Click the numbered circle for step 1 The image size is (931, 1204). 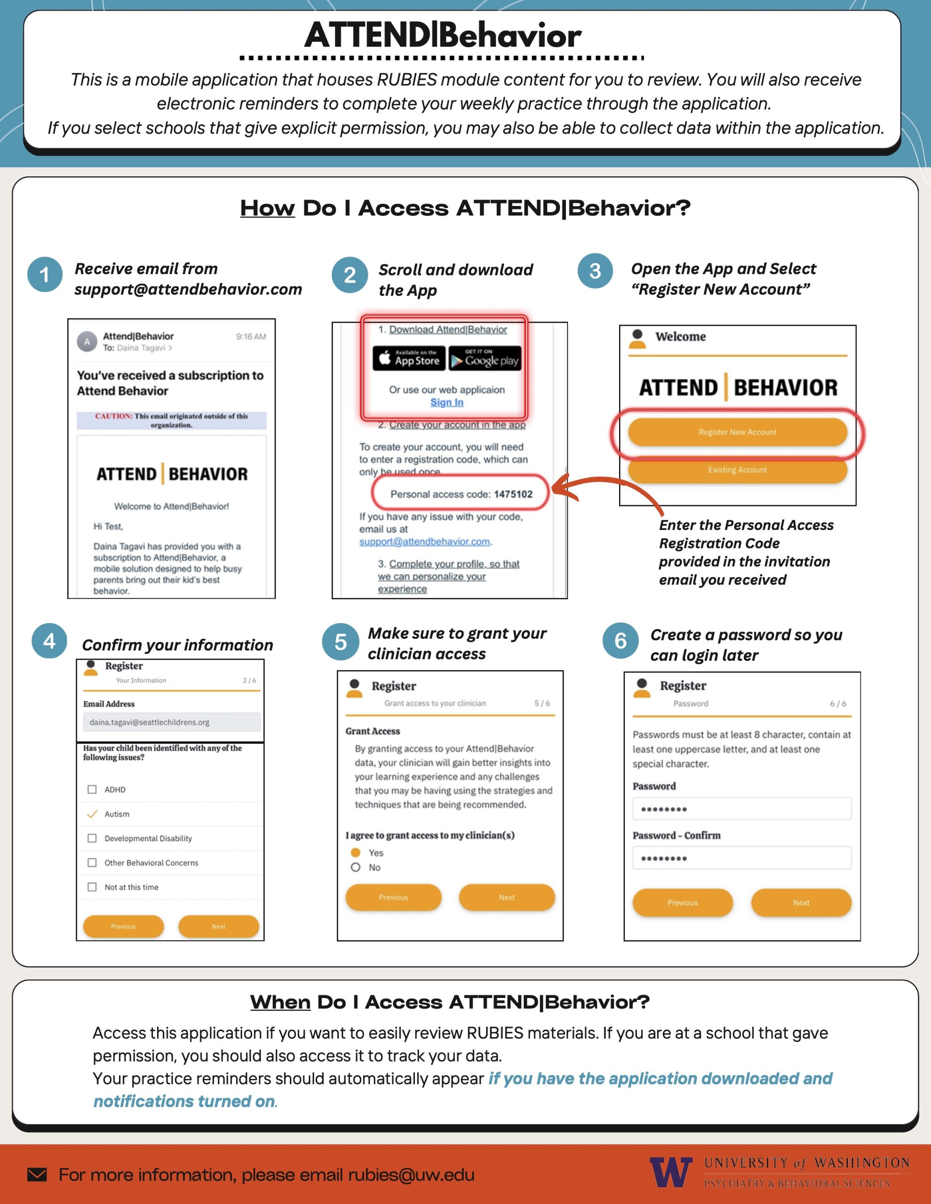[x=45, y=275]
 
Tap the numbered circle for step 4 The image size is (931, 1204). [x=49, y=641]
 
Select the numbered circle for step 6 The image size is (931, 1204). [x=621, y=641]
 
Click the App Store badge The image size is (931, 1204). [x=409, y=358]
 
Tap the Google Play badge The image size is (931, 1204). [x=485, y=358]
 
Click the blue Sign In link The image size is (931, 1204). [x=447, y=403]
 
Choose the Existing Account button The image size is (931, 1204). [x=737, y=470]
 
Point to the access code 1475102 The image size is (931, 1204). [x=513, y=494]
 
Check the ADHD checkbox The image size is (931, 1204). [x=92, y=790]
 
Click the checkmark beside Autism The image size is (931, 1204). [x=92, y=814]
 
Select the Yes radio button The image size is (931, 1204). [x=356, y=852]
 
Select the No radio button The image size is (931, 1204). [x=356, y=867]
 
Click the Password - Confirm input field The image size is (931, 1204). [x=742, y=858]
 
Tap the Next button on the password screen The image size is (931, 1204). [x=801, y=903]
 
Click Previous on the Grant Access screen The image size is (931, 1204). [x=393, y=897]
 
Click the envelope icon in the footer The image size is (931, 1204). [x=37, y=1175]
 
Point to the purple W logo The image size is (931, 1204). [x=671, y=1172]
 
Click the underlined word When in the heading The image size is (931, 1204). [x=280, y=1002]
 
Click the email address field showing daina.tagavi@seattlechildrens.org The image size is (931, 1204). [x=172, y=722]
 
